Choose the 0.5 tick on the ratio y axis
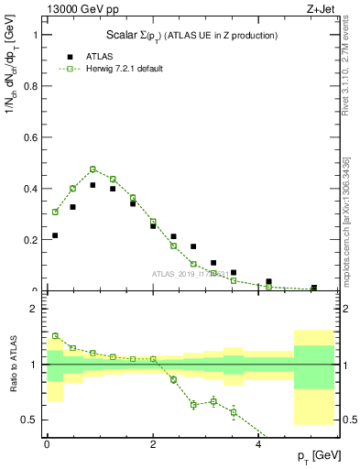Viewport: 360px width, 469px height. coord(33,420)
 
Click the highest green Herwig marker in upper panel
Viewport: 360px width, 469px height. coord(93,169)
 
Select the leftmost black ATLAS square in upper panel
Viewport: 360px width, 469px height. coord(55,235)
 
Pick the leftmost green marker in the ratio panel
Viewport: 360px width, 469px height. coord(55,336)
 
